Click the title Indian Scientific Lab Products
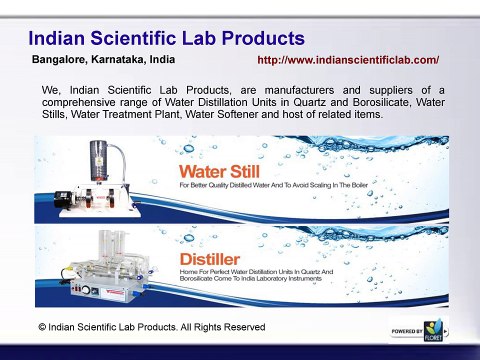pos(165,39)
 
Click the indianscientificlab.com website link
pos(348,61)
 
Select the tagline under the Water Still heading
pos(275,186)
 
